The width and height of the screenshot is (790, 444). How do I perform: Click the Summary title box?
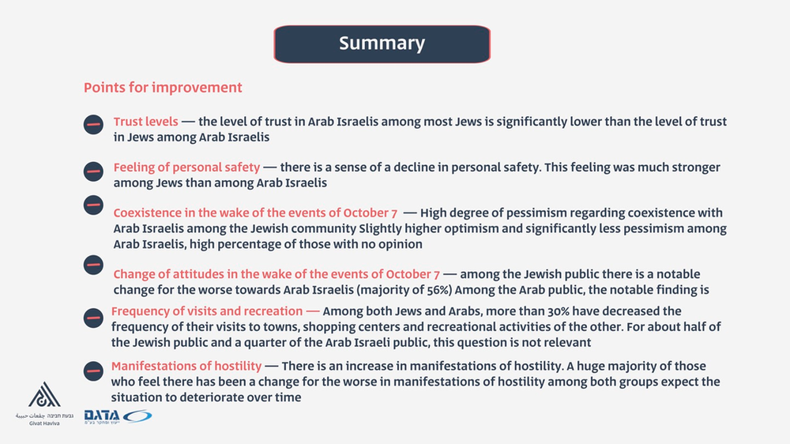tap(382, 43)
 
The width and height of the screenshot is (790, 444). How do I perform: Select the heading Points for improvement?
tap(163, 88)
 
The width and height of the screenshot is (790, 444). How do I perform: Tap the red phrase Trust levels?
tap(145, 122)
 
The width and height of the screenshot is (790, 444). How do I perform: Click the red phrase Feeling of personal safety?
tap(186, 167)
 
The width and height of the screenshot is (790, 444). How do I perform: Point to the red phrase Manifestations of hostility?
tap(186, 366)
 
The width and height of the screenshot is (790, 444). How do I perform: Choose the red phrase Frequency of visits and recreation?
tap(206, 311)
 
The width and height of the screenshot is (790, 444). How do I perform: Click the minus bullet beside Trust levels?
tap(93, 124)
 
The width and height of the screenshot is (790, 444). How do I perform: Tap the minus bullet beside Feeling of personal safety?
tap(93, 170)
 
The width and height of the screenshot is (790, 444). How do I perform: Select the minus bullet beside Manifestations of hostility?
tap(93, 369)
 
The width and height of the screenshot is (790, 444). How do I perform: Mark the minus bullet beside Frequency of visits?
tap(93, 317)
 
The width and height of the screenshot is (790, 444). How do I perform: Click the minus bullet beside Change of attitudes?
tap(93, 264)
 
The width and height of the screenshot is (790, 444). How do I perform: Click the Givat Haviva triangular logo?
tap(43, 395)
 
